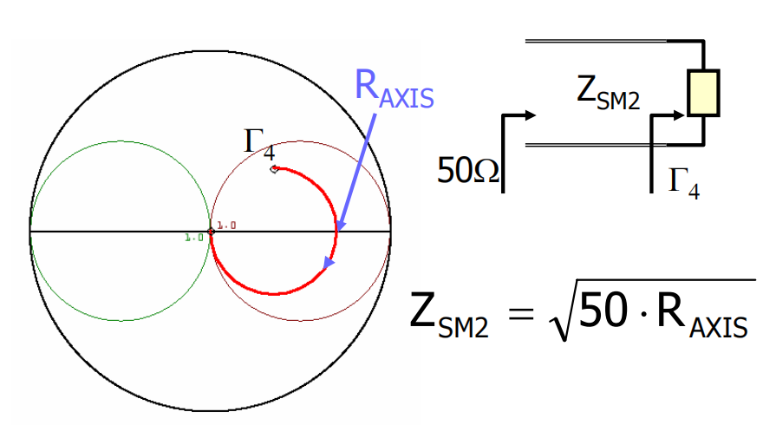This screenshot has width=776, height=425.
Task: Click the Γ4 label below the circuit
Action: (x=684, y=181)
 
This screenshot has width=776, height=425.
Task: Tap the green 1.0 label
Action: (x=194, y=236)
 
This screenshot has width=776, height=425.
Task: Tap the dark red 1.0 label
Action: (x=226, y=226)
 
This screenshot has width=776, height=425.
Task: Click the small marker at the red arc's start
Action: (x=274, y=169)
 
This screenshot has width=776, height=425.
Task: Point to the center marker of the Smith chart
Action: (x=211, y=232)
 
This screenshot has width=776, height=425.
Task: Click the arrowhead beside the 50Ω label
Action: (x=532, y=114)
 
